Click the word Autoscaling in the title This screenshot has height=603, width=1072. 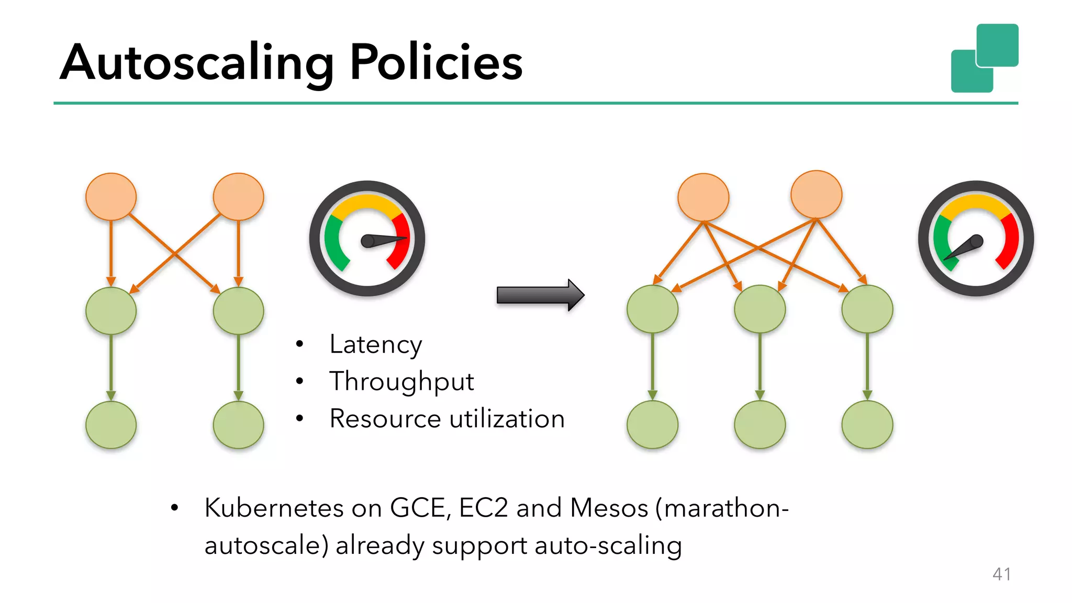pos(196,63)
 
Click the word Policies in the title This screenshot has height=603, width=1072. pos(435,63)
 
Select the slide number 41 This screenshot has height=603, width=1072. pos(1001,574)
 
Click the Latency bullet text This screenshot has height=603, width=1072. pos(375,345)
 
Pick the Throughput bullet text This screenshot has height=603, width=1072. pos(401,382)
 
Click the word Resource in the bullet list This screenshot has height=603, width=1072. pos(385,419)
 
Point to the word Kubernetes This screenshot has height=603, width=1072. pos(274,508)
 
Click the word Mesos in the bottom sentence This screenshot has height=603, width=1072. pos(608,508)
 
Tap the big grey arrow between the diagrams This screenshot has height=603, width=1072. pos(539,295)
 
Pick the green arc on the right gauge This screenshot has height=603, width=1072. pos(941,238)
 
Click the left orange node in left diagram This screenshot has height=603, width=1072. pos(111,197)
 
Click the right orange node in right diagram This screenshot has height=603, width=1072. pos(816,194)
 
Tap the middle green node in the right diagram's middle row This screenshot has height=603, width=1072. pos(760,309)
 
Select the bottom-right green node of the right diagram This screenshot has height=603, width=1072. pos(867,425)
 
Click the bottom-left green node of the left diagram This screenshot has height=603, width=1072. pos(111,425)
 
